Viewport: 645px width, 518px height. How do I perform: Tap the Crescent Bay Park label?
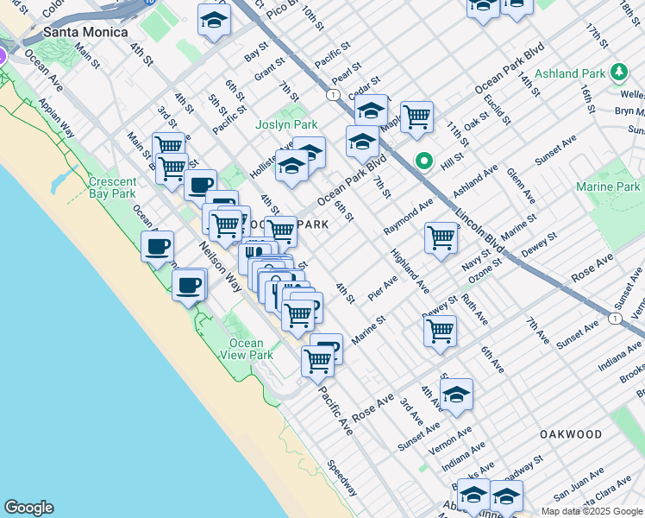[112, 187]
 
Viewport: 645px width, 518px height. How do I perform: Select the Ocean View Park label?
[247, 349]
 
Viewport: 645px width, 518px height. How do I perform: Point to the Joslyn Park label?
[281, 124]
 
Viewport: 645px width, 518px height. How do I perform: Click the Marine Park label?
[610, 186]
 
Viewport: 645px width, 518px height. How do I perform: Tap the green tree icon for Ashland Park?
[617, 73]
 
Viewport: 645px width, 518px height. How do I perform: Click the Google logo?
[28, 508]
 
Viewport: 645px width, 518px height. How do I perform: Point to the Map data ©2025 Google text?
[592, 511]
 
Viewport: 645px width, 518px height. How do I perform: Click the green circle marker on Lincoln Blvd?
[423, 160]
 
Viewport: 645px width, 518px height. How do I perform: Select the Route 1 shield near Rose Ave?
[613, 318]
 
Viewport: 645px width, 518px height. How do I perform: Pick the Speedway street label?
[341, 477]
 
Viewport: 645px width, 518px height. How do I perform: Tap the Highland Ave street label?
[409, 269]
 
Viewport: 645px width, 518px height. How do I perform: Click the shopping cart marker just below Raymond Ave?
[441, 237]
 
